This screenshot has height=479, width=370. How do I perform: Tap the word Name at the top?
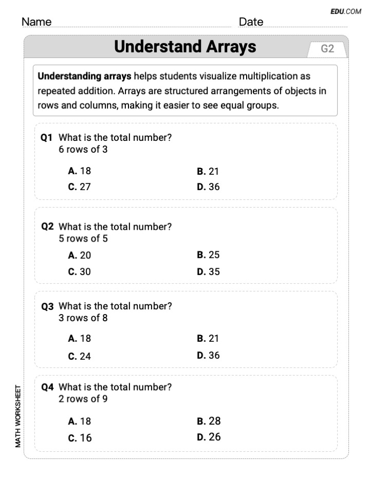(x=36, y=22)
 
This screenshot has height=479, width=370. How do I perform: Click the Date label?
(x=251, y=22)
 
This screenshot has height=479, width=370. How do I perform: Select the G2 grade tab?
(x=327, y=49)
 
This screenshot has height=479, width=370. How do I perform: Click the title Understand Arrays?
(x=185, y=47)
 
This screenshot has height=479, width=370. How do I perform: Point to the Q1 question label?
(x=47, y=138)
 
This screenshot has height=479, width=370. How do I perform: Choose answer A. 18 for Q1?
(x=79, y=171)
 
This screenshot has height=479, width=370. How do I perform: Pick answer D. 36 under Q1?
(x=208, y=187)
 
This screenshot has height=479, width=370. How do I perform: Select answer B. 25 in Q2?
(x=208, y=255)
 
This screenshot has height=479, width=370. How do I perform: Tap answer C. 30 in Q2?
(x=79, y=272)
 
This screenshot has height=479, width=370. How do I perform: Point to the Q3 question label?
(x=47, y=306)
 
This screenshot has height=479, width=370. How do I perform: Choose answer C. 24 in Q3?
(x=79, y=356)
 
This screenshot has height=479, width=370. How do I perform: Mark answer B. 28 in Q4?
(x=209, y=421)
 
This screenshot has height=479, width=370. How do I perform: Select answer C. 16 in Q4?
(x=79, y=438)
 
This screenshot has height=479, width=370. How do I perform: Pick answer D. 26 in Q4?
(x=209, y=437)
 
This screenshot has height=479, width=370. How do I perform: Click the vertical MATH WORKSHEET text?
(x=18, y=416)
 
